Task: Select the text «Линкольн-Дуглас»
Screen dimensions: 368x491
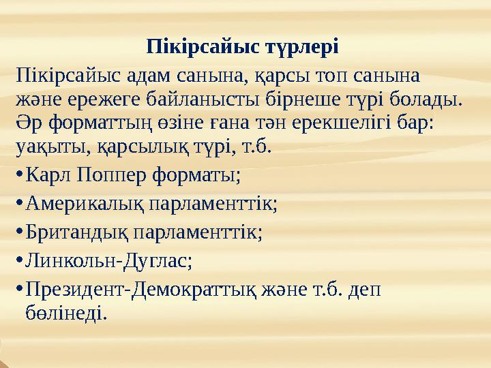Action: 106,260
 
